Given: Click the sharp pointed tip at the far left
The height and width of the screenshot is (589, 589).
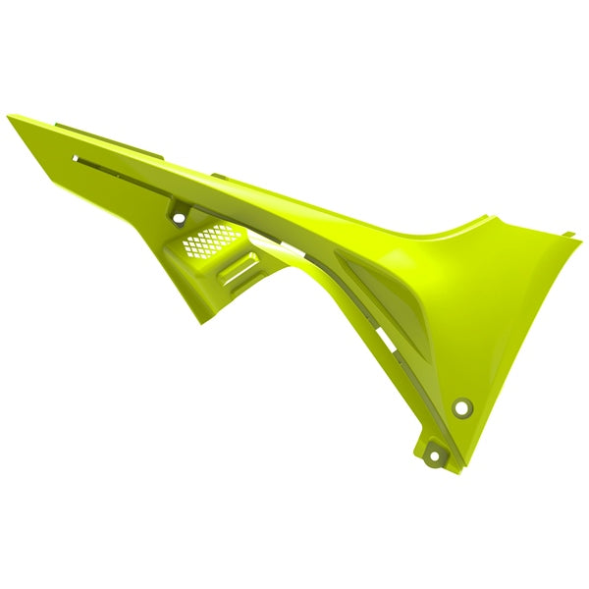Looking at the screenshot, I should tap(9, 117).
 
